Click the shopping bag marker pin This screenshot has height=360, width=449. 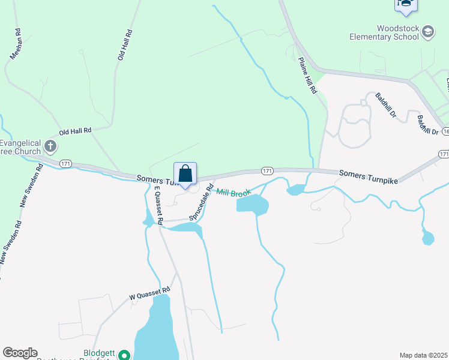[185, 174]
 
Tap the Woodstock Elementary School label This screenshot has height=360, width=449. [384, 32]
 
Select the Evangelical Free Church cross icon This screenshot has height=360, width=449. [50, 146]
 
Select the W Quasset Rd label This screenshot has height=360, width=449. [150, 293]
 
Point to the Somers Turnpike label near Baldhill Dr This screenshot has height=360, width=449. [369, 173]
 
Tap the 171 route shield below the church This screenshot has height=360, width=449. [66, 163]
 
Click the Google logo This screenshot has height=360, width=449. [20, 353]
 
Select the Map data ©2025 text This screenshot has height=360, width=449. [423, 355]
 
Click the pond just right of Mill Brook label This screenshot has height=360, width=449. [252, 205]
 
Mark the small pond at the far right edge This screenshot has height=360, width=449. [428, 238]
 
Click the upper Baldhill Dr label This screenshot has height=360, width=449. [386, 104]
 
